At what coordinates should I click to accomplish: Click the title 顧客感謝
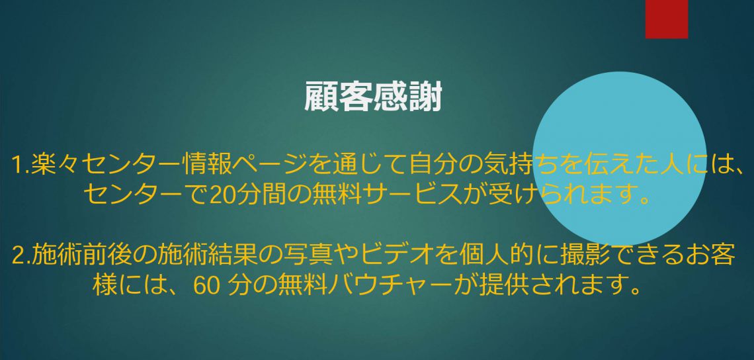pos(373,97)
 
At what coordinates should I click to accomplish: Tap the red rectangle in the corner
pos(667,19)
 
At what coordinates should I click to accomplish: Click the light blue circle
pos(619,159)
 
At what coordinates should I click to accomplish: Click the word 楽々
pos(56,165)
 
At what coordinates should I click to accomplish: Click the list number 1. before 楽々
pos(21,166)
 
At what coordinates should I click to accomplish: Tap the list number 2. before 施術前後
pos(21,256)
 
